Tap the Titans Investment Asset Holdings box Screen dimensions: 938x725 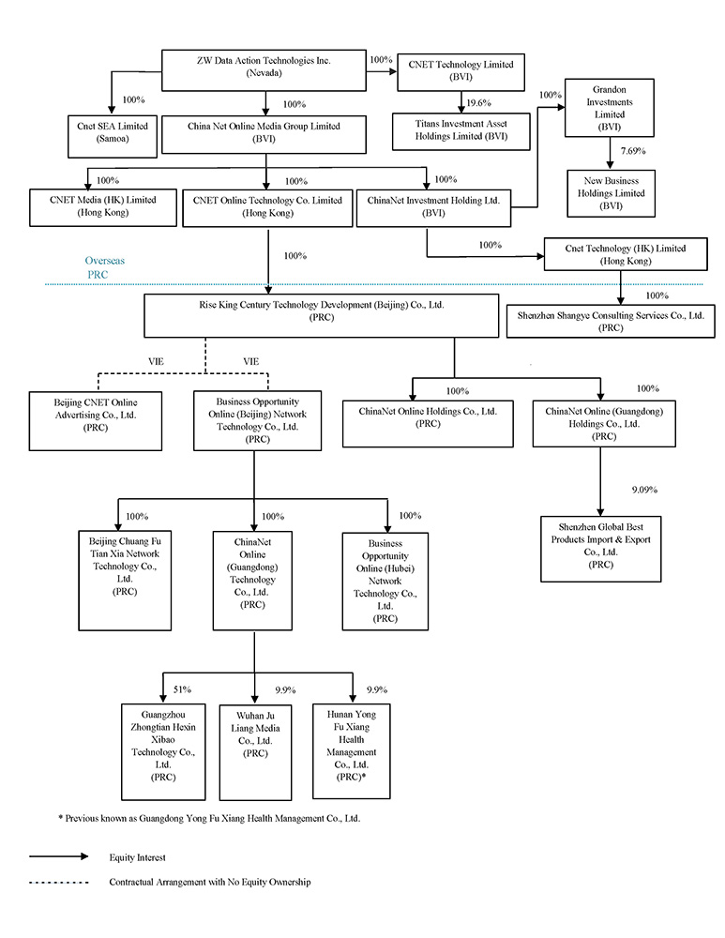pyautogui.click(x=461, y=129)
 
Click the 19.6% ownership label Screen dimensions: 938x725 pyautogui.click(x=478, y=103)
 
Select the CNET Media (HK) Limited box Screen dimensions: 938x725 pyautogui.click(x=102, y=206)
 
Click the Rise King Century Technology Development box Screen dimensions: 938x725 pyautogui.click(x=320, y=312)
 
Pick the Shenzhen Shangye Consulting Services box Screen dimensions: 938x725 pyautogui.click(x=610, y=322)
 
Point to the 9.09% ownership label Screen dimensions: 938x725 pyautogui.click(x=645, y=489)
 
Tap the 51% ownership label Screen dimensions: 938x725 pyautogui.click(x=182, y=689)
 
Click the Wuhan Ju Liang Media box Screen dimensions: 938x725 pyautogui.click(x=255, y=747)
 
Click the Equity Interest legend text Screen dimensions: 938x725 pyautogui.click(x=137, y=856)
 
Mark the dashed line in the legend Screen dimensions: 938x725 pyautogui.click(x=58, y=883)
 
